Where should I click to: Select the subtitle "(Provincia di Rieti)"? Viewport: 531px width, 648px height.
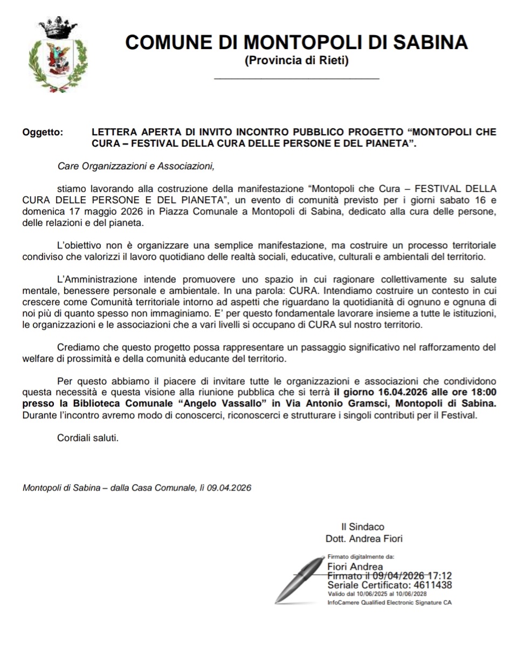296,60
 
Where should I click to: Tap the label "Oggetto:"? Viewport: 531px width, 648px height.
43,132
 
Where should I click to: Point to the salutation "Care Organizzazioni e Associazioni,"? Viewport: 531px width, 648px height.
136,166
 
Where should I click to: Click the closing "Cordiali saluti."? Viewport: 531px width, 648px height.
88,438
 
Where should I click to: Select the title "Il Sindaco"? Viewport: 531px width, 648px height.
363,527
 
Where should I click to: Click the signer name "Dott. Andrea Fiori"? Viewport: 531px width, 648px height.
364,538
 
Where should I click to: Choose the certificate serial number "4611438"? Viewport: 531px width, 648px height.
432,585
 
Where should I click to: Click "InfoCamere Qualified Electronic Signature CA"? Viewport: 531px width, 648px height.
389,602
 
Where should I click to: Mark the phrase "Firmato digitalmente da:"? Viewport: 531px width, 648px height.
361,556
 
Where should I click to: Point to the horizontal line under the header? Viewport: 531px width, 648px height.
296,79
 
